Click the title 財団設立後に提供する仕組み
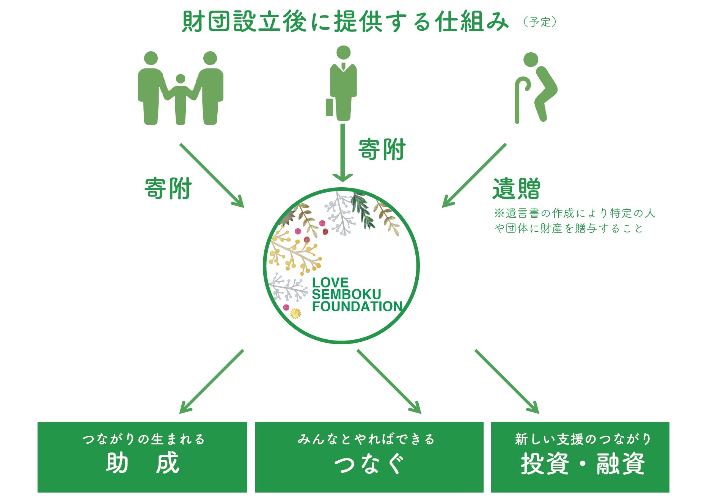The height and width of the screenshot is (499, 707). [x=345, y=22]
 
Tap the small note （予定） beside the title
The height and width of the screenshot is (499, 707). [x=539, y=22]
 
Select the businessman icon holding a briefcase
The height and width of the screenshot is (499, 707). [x=343, y=83]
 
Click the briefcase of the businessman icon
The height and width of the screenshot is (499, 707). [x=329, y=107]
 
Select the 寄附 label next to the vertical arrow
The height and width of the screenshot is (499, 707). [x=382, y=150]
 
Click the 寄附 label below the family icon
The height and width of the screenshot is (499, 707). [x=168, y=188]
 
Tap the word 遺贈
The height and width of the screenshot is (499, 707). [x=516, y=188]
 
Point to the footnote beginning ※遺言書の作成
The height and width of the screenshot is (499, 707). [x=575, y=221]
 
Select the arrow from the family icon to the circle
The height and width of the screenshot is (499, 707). [x=211, y=175]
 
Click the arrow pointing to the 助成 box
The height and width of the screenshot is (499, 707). [x=211, y=381]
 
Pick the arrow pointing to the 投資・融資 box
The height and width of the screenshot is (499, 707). [x=507, y=381]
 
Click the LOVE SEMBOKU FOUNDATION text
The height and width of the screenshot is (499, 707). [x=357, y=295]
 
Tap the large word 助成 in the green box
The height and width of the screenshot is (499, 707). [x=142, y=463]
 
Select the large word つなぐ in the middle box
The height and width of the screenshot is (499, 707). [x=369, y=463]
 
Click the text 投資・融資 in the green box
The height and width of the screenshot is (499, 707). [x=582, y=463]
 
